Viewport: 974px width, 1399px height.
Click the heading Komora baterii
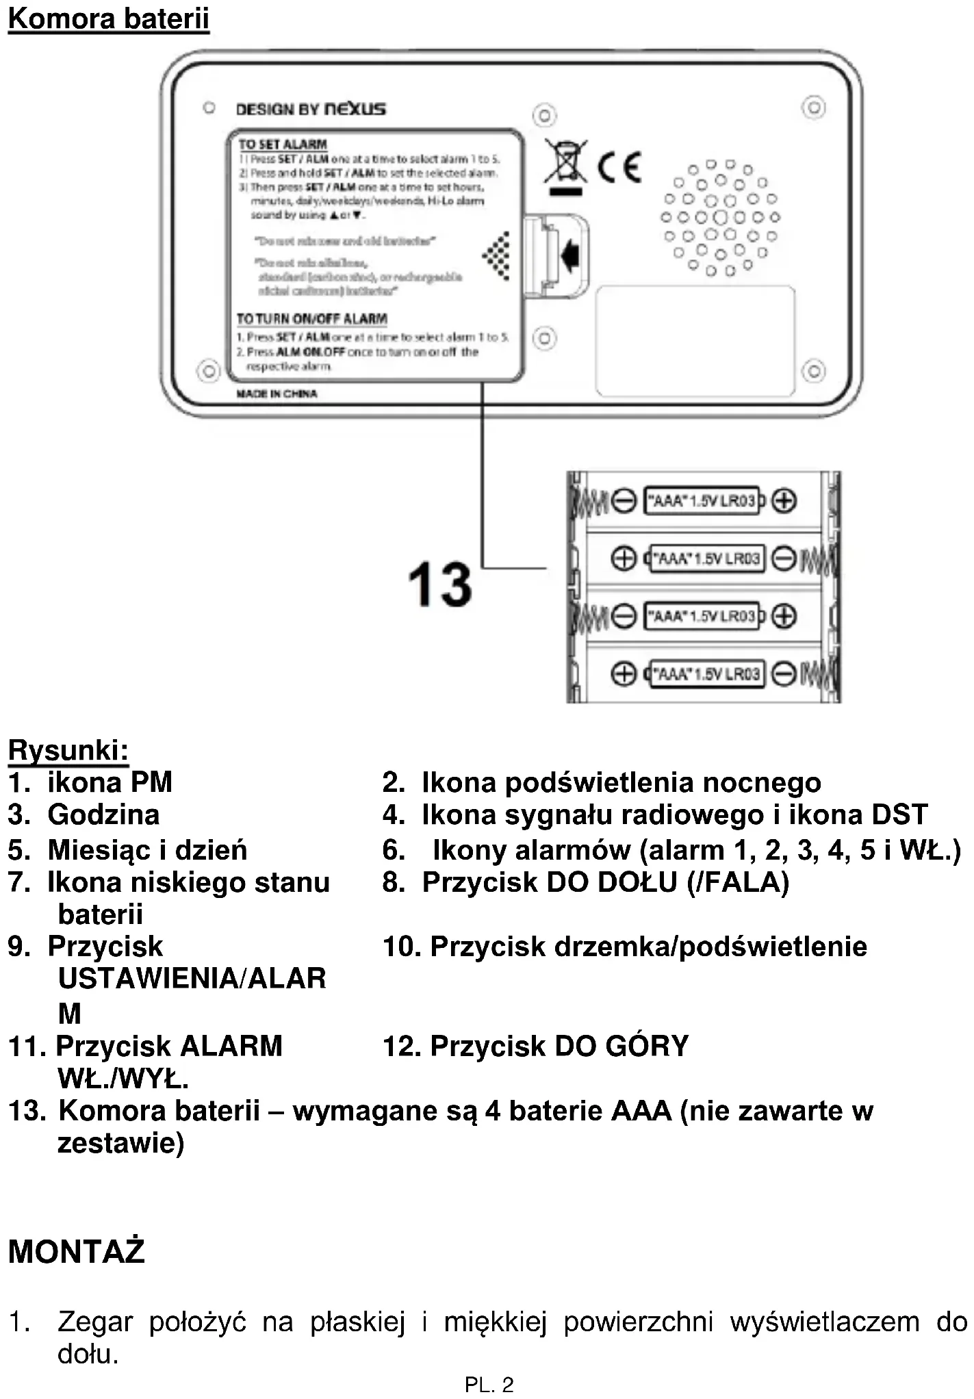coord(108,18)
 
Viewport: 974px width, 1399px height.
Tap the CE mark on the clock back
coord(619,166)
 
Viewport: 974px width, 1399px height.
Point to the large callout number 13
coord(439,585)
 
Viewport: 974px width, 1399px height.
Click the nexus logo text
coord(355,109)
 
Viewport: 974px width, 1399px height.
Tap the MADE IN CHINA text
coord(277,394)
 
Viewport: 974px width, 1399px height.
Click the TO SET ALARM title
coord(283,144)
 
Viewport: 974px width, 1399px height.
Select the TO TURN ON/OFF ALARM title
coord(311,319)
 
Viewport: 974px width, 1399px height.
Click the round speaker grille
coord(719,218)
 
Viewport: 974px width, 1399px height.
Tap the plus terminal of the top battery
coord(784,500)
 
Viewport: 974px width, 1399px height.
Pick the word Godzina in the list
coord(103,814)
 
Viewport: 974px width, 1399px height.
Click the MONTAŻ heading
coord(77,1251)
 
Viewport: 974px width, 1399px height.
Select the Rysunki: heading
coord(68,750)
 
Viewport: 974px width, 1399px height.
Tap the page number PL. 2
coord(489,1385)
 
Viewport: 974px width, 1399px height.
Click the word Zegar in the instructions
coord(95,1322)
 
